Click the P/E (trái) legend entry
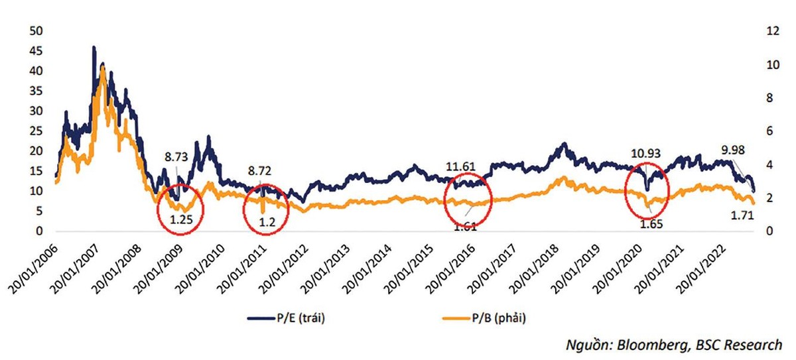pos(299,318)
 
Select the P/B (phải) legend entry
pos(493,318)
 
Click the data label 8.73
pos(178,158)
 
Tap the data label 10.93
pos(645,154)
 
